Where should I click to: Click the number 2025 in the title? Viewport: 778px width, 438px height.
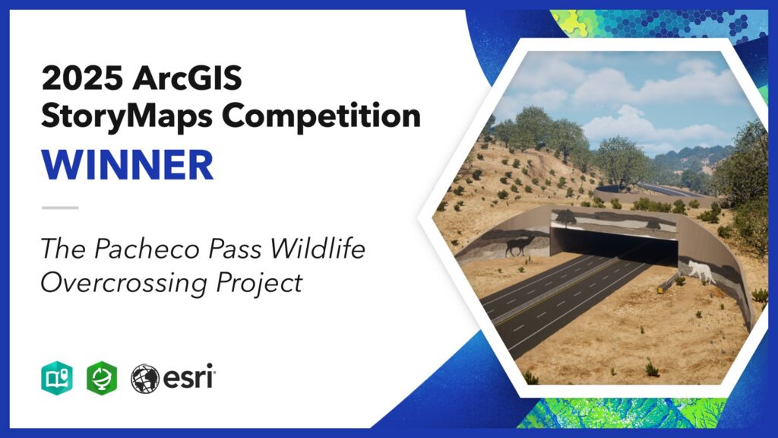pyautogui.click(x=82, y=78)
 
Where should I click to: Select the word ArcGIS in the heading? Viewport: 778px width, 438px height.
pyautogui.click(x=188, y=78)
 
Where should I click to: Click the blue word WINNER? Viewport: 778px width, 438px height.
pyautogui.click(x=128, y=165)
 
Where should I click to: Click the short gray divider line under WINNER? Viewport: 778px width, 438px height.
pyautogui.click(x=60, y=208)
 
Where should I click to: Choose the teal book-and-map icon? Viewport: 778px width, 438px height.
pyautogui.click(x=57, y=378)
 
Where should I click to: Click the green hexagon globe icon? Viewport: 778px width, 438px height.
pyautogui.click(x=102, y=378)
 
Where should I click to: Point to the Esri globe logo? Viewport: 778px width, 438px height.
pyautogui.click(x=145, y=379)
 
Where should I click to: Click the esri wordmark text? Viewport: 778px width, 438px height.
pyautogui.click(x=188, y=377)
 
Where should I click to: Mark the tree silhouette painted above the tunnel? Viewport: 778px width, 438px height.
pyautogui.click(x=565, y=217)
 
